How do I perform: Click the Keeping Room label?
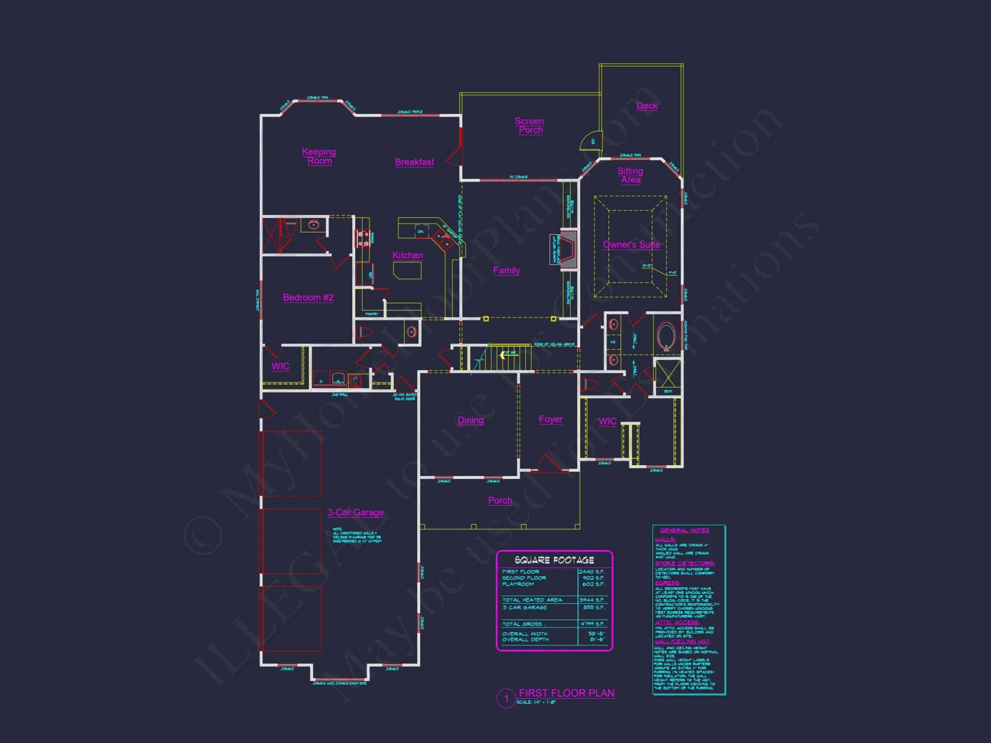click(x=319, y=156)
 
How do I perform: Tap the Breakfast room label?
click(x=414, y=162)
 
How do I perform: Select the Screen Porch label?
click(x=530, y=125)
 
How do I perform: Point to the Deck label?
click(x=647, y=106)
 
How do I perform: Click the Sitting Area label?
click(x=630, y=175)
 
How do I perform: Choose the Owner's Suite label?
click(x=631, y=245)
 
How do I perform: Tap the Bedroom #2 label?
click(x=308, y=297)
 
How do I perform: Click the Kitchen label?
click(x=407, y=255)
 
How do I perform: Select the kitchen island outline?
click(x=407, y=270)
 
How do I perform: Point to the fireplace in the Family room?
click(x=568, y=250)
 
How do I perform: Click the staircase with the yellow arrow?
click(x=508, y=357)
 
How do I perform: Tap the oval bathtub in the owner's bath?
click(x=666, y=336)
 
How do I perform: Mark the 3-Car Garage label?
click(x=355, y=512)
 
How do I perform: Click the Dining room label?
click(x=470, y=420)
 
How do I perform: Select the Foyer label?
click(x=550, y=419)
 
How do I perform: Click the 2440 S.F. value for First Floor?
click(x=592, y=572)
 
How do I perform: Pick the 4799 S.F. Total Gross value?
click(x=592, y=624)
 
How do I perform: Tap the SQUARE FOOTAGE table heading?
click(x=554, y=560)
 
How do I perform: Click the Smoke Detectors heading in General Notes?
click(x=684, y=563)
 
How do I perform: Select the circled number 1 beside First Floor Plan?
click(x=506, y=698)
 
